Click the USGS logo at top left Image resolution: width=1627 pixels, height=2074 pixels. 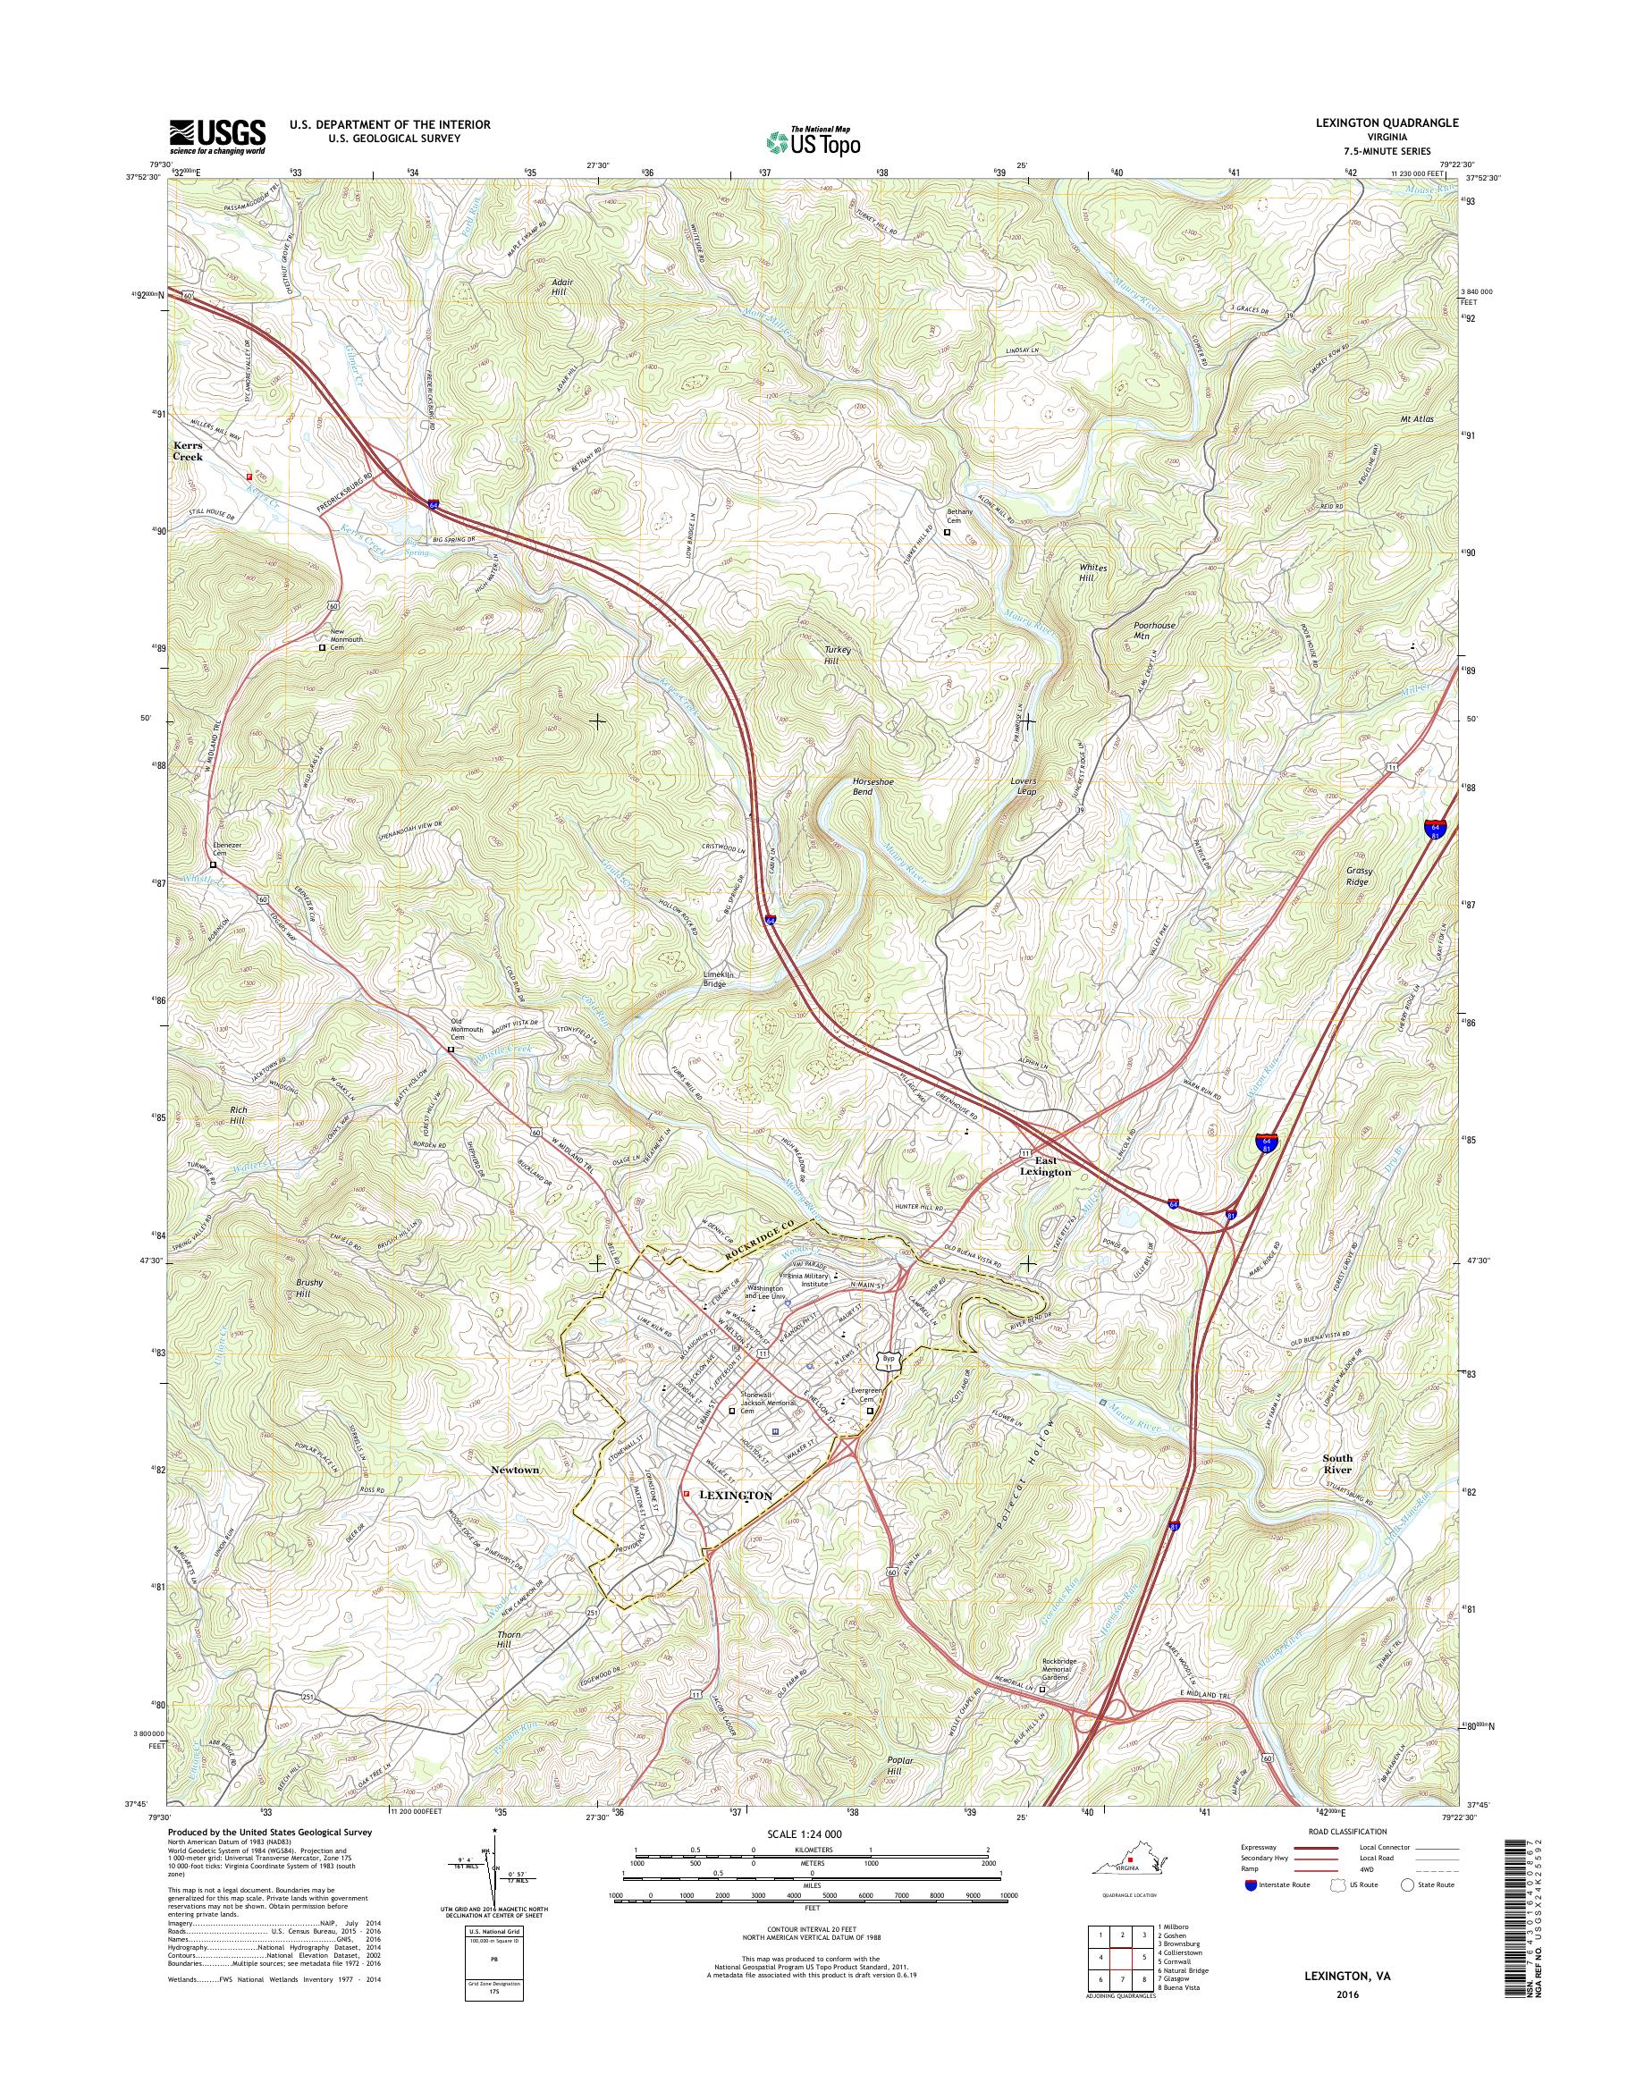pos(217,136)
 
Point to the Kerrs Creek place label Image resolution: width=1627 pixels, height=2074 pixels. pos(188,451)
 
